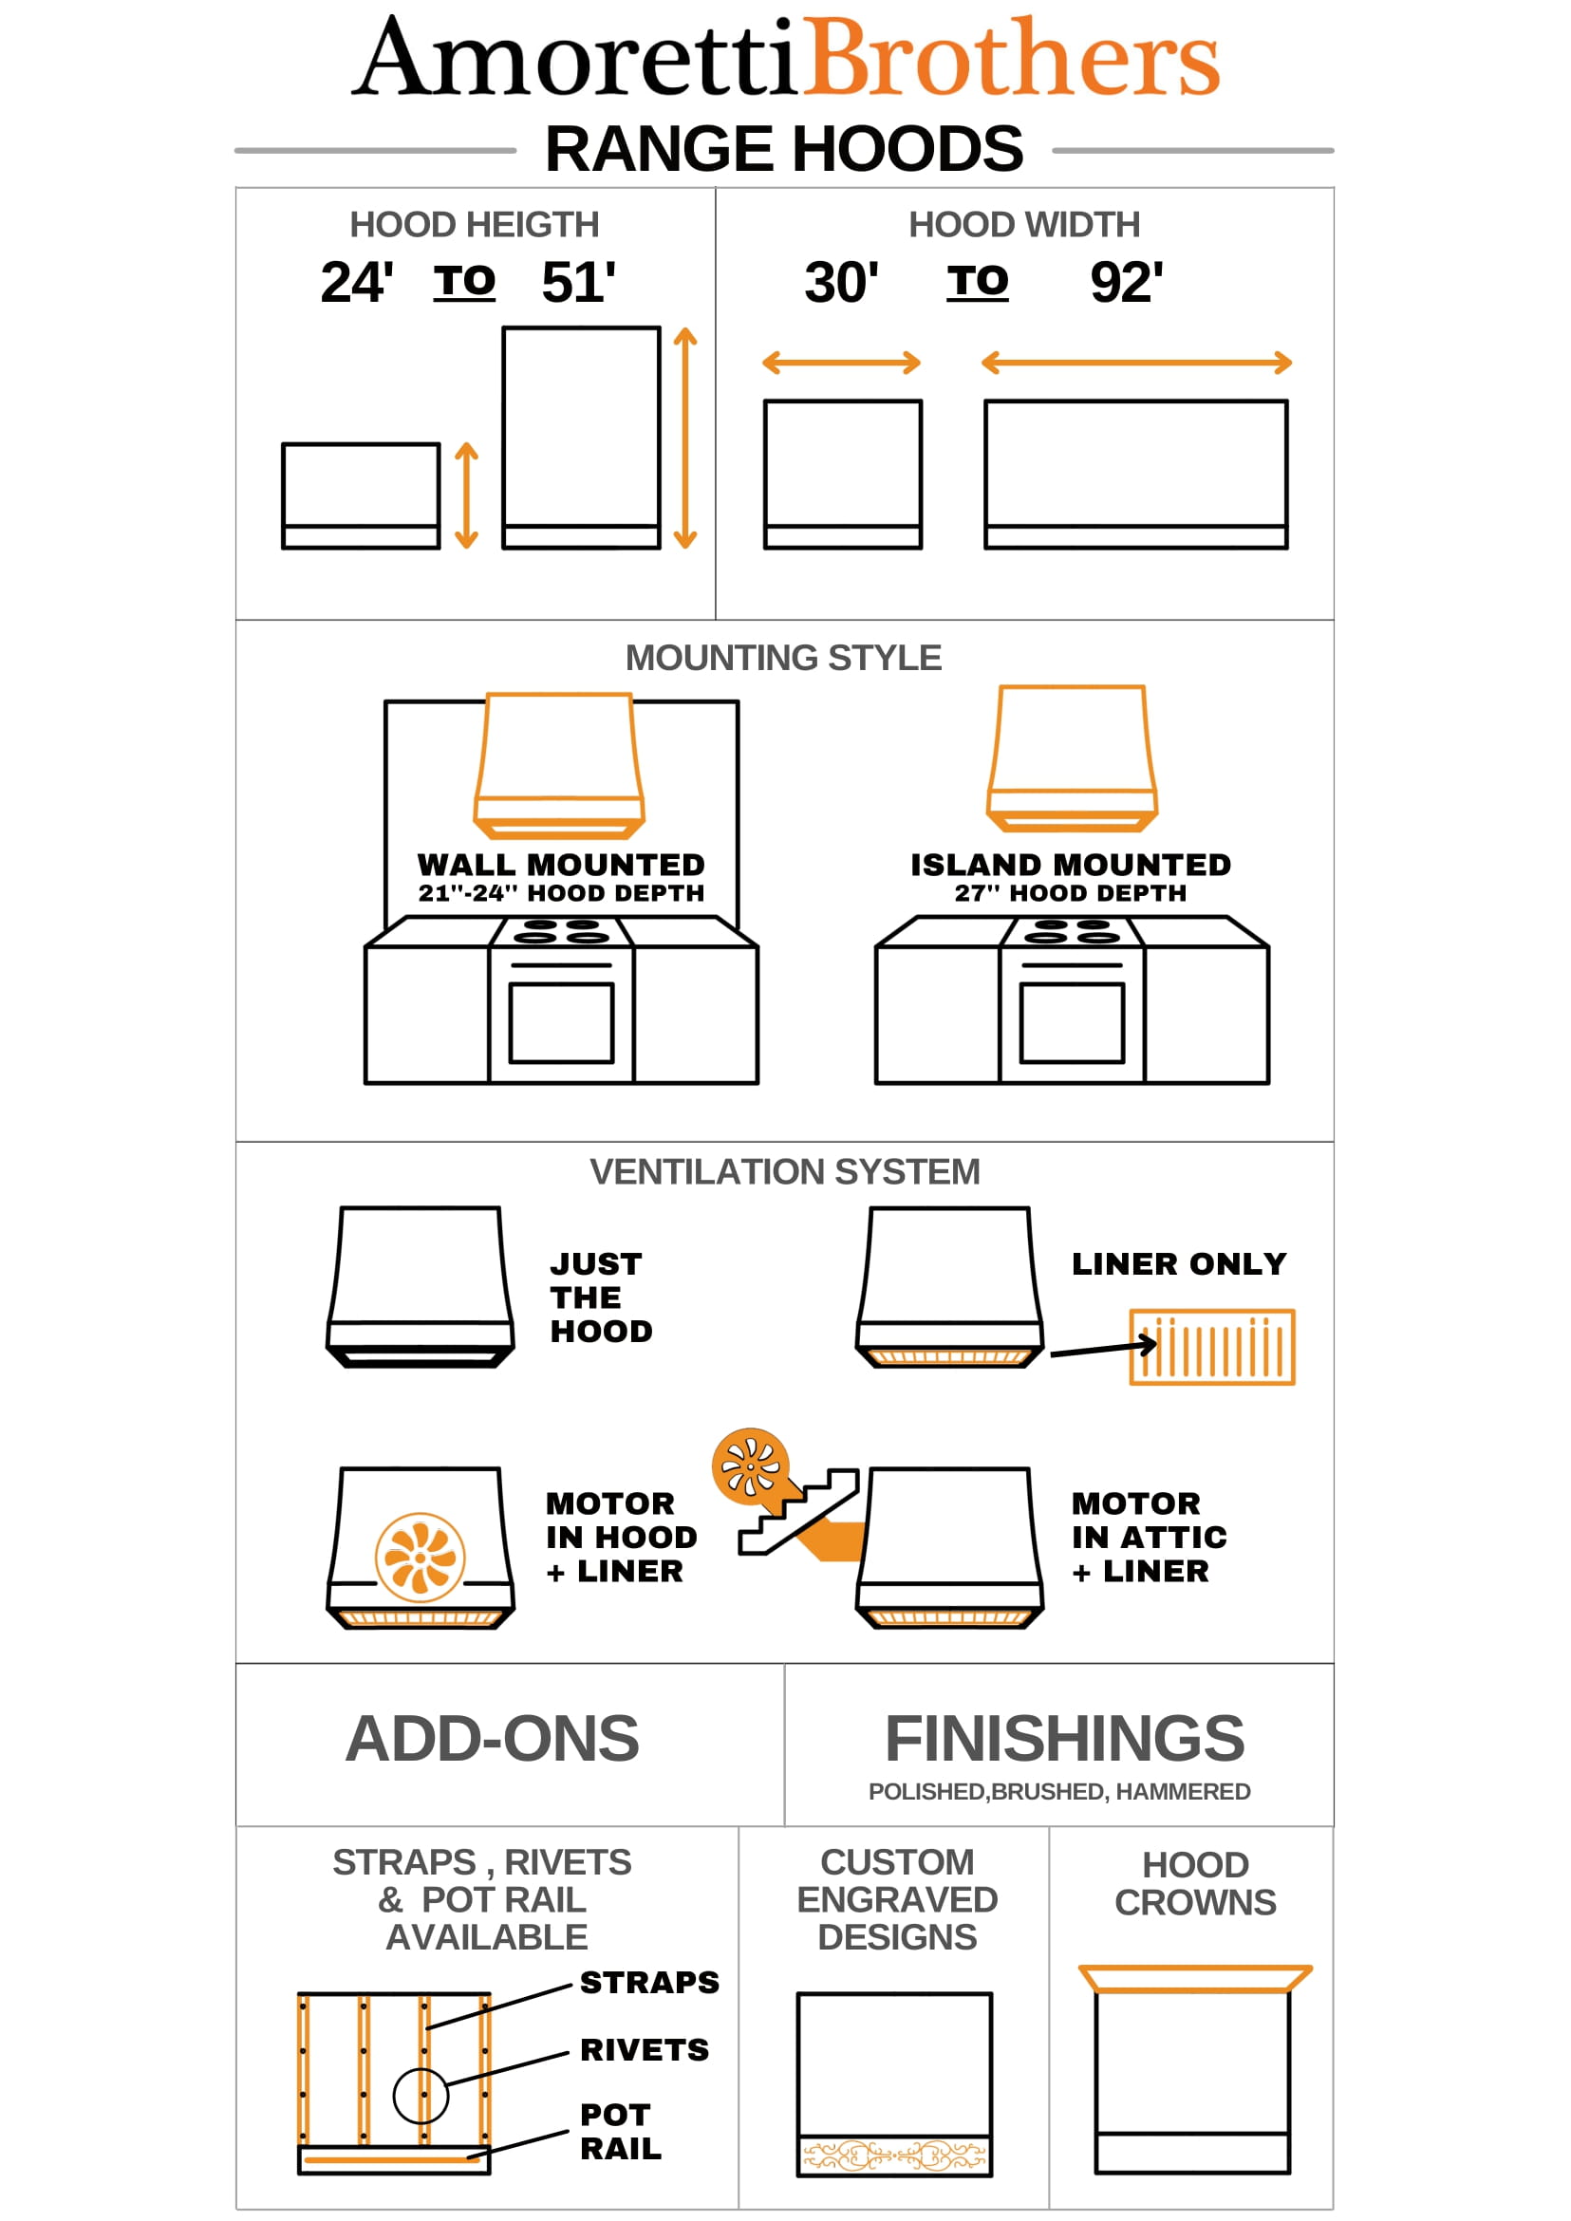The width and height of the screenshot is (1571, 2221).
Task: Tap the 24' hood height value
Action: [x=357, y=283]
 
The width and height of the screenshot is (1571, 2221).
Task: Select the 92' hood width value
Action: [x=1127, y=283]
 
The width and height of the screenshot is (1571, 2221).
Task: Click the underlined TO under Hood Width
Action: [x=977, y=282]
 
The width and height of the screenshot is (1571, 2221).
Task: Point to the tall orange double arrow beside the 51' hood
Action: [x=686, y=439]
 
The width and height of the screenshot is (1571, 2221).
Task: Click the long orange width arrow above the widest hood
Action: [x=1136, y=363]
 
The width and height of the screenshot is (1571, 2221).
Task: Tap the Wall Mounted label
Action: [x=561, y=864]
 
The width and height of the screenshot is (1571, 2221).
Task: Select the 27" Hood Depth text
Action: [x=1071, y=893]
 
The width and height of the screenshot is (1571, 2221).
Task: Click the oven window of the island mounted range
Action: [x=1072, y=1022]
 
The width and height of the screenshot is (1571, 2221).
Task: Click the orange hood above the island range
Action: [x=1072, y=758]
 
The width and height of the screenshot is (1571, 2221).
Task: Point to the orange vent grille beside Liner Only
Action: [x=1212, y=1348]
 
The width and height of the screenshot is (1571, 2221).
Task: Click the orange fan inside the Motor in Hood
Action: [x=420, y=1558]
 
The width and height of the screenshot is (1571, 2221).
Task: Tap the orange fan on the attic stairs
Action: [x=751, y=1466]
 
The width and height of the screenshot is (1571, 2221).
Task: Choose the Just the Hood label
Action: [x=602, y=1297]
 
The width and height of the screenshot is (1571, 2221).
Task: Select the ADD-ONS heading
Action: [x=493, y=1738]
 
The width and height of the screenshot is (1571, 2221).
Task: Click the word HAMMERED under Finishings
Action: [x=1183, y=1791]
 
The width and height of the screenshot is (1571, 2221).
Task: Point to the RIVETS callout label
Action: [x=645, y=2049]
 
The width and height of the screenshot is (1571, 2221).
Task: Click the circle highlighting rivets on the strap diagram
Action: [x=421, y=2096]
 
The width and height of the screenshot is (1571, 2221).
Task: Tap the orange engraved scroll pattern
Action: [x=895, y=2156]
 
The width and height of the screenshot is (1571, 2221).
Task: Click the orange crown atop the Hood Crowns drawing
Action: [x=1196, y=1978]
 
